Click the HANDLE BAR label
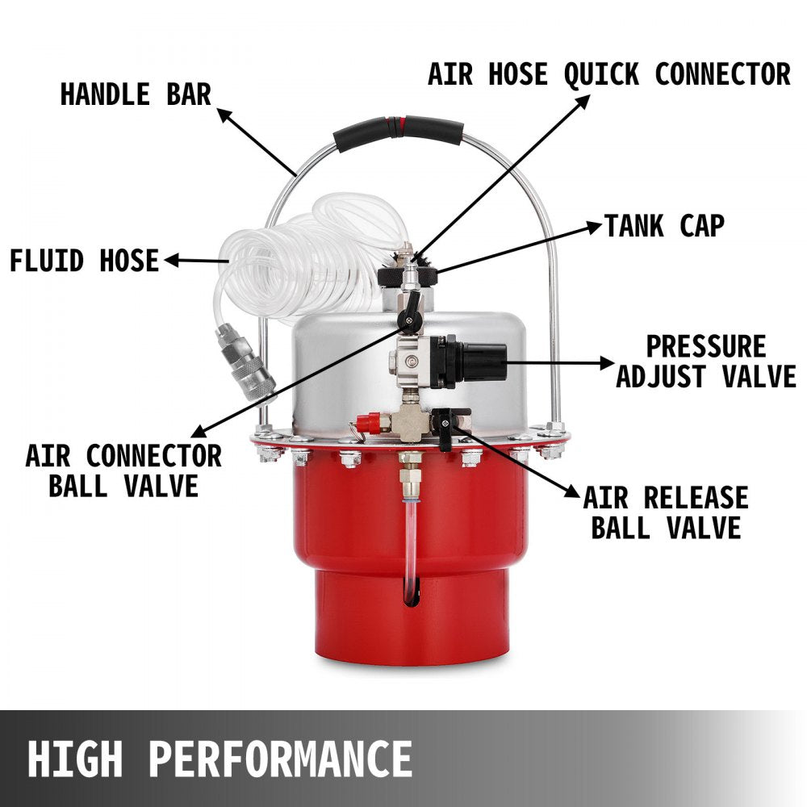point(135,94)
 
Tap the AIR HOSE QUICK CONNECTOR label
point(608,73)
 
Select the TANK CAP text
point(664,226)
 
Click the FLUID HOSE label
point(84,261)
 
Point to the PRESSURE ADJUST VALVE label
point(705,361)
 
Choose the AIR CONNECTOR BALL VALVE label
point(123,470)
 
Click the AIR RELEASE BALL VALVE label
point(666,512)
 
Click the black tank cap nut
point(408,277)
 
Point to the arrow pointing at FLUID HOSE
point(194,261)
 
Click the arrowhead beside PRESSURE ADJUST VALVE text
point(606,362)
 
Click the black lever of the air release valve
point(445,428)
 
